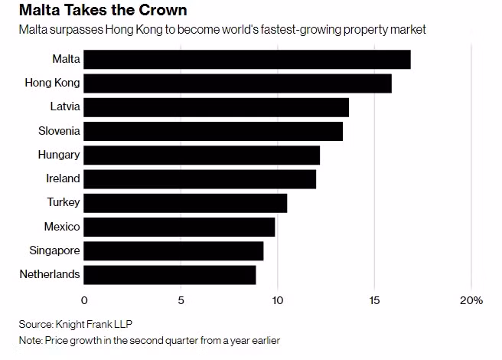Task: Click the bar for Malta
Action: click(x=246, y=60)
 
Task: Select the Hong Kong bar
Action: click(x=237, y=83)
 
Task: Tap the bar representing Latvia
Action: click(x=216, y=107)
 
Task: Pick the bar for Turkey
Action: click(x=185, y=203)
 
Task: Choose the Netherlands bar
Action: click(x=169, y=274)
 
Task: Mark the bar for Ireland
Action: click(x=200, y=178)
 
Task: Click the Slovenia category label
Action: click(x=59, y=131)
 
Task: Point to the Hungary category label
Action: click(x=59, y=155)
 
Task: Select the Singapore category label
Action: click(x=54, y=250)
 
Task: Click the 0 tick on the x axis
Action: click(x=84, y=300)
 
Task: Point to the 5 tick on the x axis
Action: click(x=181, y=300)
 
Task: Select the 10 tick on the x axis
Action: click(x=277, y=300)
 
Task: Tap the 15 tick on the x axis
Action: click(x=373, y=300)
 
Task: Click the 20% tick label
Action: click(x=471, y=300)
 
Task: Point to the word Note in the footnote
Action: click(x=31, y=339)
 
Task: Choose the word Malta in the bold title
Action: click(x=40, y=11)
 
